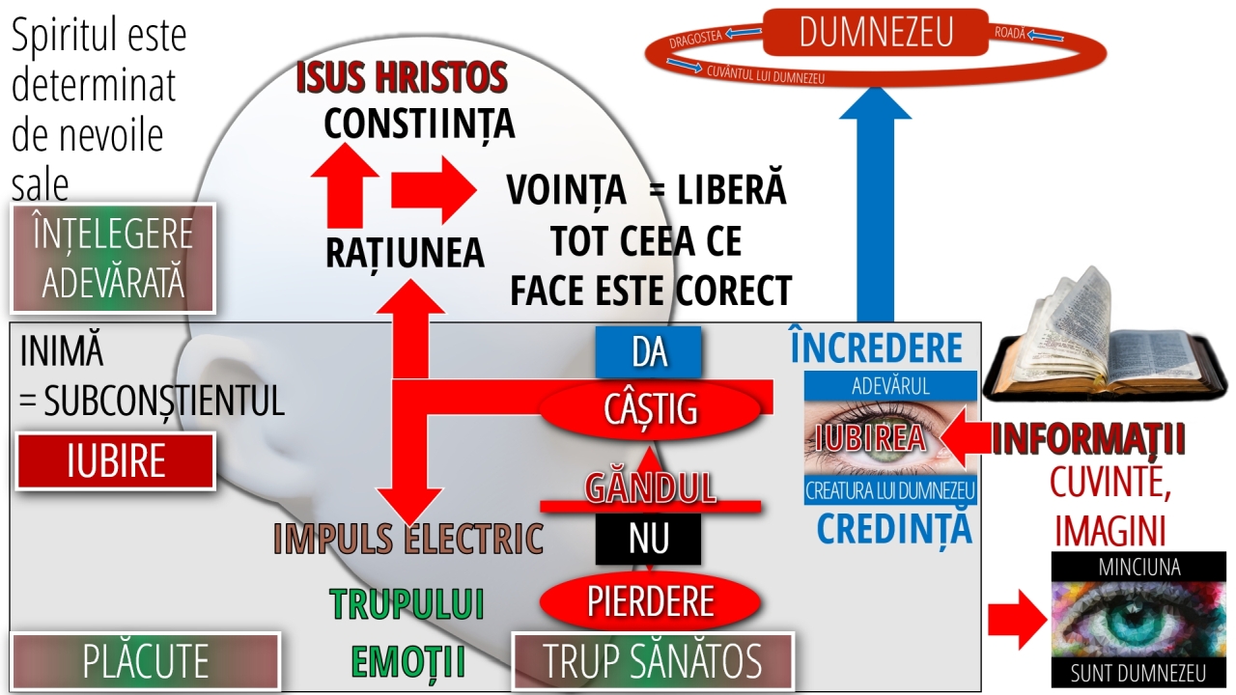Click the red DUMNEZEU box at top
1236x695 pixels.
pyautogui.click(x=876, y=32)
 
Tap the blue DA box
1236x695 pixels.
pyautogui.click(x=649, y=352)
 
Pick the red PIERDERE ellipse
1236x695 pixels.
pyautogui.click(x=651, y=600)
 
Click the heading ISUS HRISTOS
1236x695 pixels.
pyautogui.click(x=402, y=77)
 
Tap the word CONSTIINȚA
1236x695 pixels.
pyautogui.click(x=419, y=124)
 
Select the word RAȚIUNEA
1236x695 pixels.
pyautogui.click(x=404, y=252)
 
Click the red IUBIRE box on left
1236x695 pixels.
pyautogui.click(x=116, y=461)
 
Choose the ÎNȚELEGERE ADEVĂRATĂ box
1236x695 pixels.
pyautogui.click(x=112, y=258)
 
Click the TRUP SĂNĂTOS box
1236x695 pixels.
pyautogui.click(x=652, y=661)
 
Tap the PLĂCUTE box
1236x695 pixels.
pyautogui.click(x=145, y=661)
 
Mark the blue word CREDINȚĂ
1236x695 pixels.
pyautogui.click(x=893, y=528)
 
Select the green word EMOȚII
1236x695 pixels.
pyautogui.click(x=407, y=662)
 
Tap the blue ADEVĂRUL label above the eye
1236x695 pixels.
pyautogui.click(x=890, y=386)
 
